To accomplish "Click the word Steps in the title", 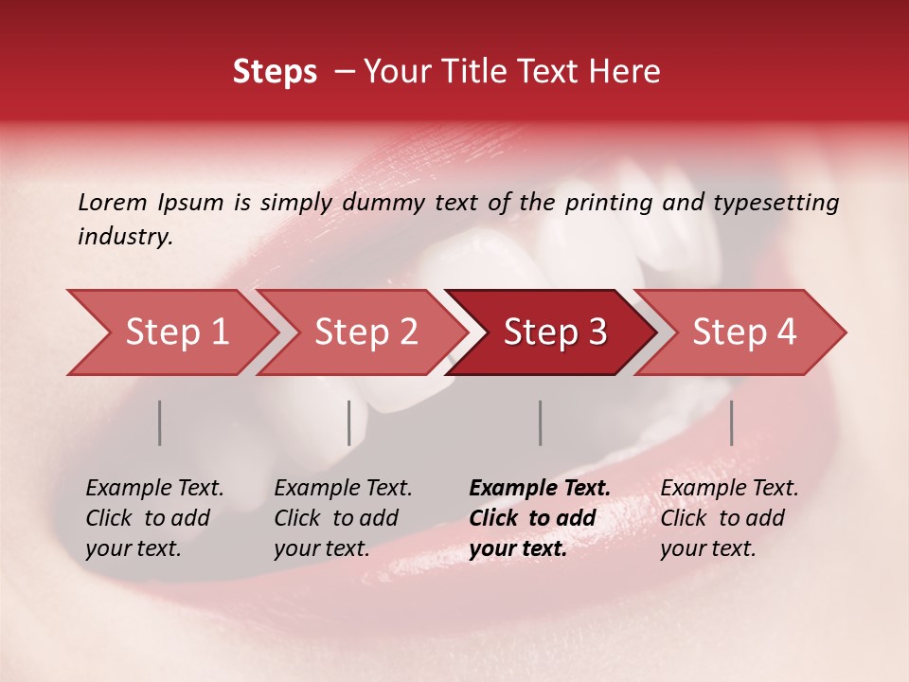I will (x=275, y=72).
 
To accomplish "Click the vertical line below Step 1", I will (x=160, y=422).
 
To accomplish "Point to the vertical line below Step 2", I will (x=349, y=422).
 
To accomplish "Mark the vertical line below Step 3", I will (x=540, y=422).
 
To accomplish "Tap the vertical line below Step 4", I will (x=731, y=422).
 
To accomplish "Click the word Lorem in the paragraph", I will (x=113, y=203).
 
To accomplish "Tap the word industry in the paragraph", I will (x=125, y=237).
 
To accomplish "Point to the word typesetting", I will (x=775, y=203).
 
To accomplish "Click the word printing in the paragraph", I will (x=608, y=203).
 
